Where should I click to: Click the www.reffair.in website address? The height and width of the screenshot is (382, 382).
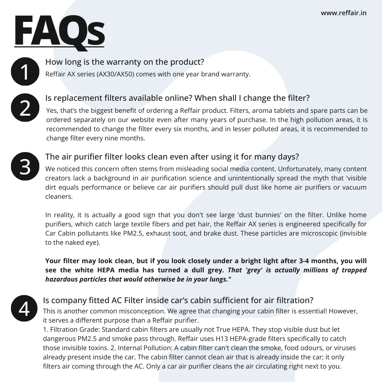(x=343, y=13)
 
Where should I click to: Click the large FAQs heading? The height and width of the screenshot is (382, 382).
(x=59, y=31)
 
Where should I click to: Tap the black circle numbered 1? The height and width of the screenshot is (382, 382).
(x=25, y=71)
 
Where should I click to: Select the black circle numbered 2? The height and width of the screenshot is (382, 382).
(x=25, y=108)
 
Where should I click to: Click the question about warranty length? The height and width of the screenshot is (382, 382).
(x=125, y=62)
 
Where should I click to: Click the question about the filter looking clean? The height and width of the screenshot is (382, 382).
(x=172, y=156)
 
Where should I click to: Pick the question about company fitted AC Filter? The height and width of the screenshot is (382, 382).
(x=178, y=300)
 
